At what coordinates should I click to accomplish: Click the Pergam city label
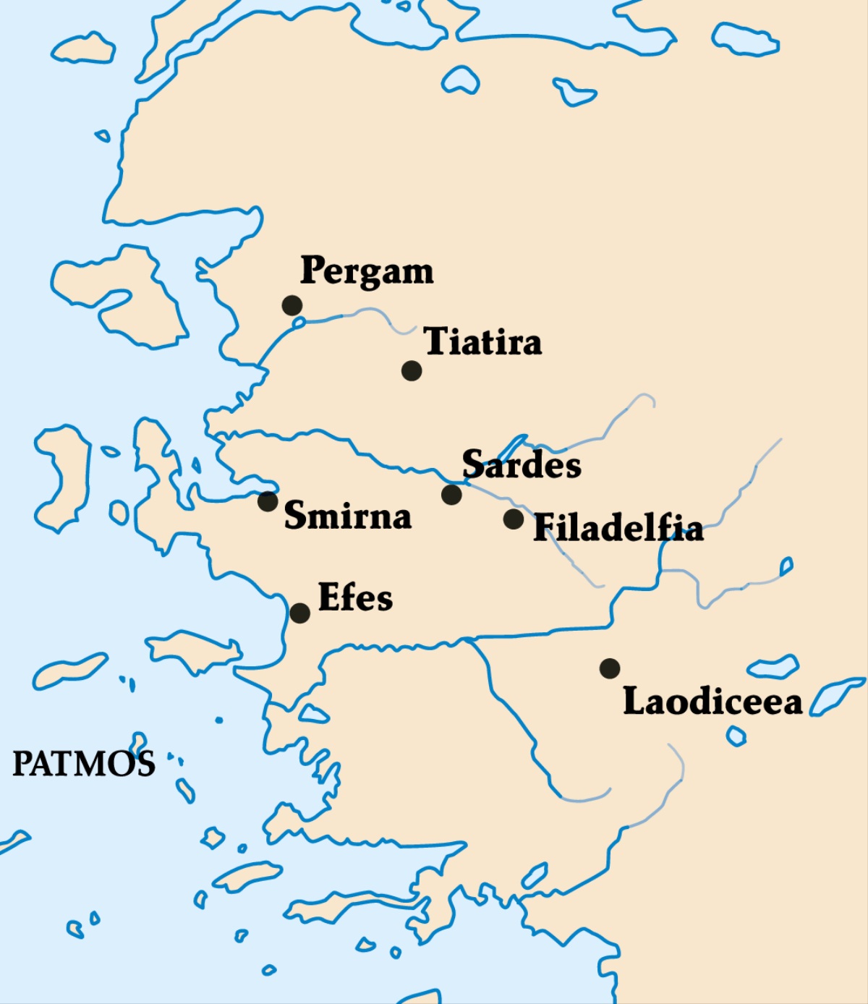pos(367,272)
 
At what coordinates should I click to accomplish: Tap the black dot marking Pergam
pos(292,305)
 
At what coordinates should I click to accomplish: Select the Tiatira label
pos(482,341)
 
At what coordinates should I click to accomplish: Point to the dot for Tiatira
pos(412,370)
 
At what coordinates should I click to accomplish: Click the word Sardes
pos(522,464)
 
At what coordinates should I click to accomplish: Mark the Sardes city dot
pos(451,495)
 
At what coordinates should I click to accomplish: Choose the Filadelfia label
pos(618,528)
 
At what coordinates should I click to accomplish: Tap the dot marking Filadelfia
pos(514,519)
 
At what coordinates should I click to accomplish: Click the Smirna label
pos(347,516)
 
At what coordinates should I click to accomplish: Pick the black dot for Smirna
pos(268,501)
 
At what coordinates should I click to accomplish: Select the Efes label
pos(355,598)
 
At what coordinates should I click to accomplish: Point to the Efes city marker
pos(299,613)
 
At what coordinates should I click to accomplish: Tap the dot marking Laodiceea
pos(610,668)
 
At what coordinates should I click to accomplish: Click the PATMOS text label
pos(83,764)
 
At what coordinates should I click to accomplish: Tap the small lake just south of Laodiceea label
pos(736,736)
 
